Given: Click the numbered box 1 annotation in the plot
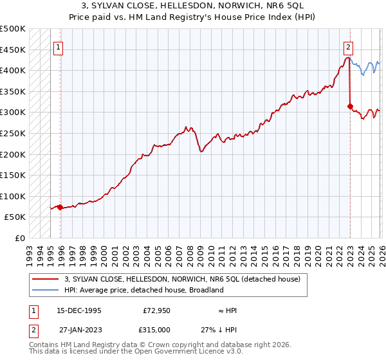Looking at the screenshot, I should (x=58, y=47).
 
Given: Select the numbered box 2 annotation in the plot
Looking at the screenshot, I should (x=348, y=47).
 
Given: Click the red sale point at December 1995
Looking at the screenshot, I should (x=60, y=207).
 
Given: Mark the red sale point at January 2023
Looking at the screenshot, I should (x=350, y=106).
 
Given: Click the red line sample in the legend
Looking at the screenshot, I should (x=46, y=278).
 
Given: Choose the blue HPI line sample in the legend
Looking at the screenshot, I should (x=46, y=290).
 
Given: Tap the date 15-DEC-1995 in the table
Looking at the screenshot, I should (x=79, y=310).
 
